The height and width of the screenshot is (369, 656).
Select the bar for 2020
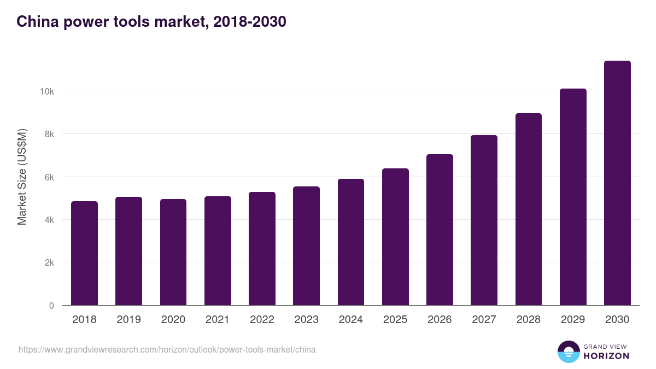[173, 252]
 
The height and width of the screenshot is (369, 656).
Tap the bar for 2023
[306, 246]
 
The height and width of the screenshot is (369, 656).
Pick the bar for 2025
[395, 237]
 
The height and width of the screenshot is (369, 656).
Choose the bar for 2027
[484, 220]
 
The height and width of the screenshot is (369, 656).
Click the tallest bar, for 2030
[617, 183]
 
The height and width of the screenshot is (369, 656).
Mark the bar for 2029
[573, 197]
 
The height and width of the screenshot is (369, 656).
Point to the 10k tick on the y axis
[46, 91]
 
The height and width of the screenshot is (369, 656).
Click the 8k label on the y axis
[49, 134]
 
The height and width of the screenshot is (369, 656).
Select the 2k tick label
[49, 262]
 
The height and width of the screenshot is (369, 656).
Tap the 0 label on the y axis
[51, 306]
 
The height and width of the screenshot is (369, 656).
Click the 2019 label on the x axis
[128, 320]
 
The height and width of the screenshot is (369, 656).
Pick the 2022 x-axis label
[262, 320]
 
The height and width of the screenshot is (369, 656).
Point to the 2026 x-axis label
[440, 320]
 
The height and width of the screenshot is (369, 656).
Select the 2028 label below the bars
[528, 320]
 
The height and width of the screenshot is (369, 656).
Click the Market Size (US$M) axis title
[22, 177]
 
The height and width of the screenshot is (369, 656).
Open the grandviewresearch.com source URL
[167, 349]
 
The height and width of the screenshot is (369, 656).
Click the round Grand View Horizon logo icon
[568, 352]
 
